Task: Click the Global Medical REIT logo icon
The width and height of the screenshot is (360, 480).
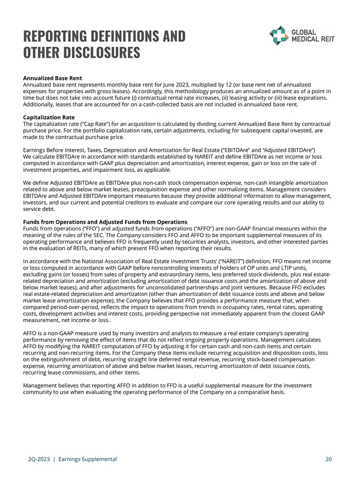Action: click(279, 35)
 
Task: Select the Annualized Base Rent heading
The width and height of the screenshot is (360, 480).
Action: click(52, 78)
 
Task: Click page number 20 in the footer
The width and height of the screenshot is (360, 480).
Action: click(329, 458)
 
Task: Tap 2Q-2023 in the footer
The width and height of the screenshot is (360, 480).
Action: click(39, 458)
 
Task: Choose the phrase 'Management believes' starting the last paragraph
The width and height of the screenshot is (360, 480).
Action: click(52, 385)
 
